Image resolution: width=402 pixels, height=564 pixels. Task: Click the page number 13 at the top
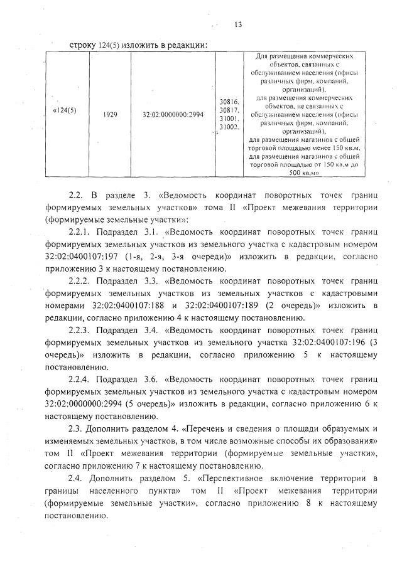point(239,24)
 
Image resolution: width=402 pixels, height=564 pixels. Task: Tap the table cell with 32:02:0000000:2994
point(173,115)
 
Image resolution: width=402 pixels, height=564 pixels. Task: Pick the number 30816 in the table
point(229,101)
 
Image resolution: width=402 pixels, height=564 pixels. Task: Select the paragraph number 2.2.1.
point(82,233)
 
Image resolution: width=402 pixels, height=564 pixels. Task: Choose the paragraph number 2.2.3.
point(82,329)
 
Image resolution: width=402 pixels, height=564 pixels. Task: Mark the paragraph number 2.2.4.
point(82,380)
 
